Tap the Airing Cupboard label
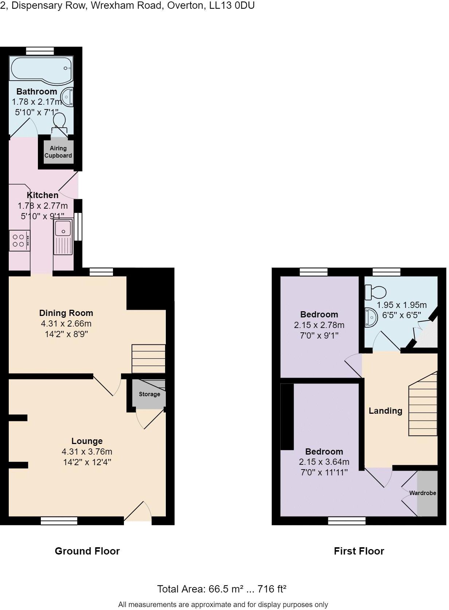58,152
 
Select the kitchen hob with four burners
19,240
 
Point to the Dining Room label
66,313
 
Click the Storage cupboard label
149,394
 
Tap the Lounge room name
87,441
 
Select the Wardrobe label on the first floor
423,493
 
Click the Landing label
386,411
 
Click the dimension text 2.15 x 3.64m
324,462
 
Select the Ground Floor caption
87,551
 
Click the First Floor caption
359,551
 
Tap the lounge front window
59,521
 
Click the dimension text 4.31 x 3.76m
87,452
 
